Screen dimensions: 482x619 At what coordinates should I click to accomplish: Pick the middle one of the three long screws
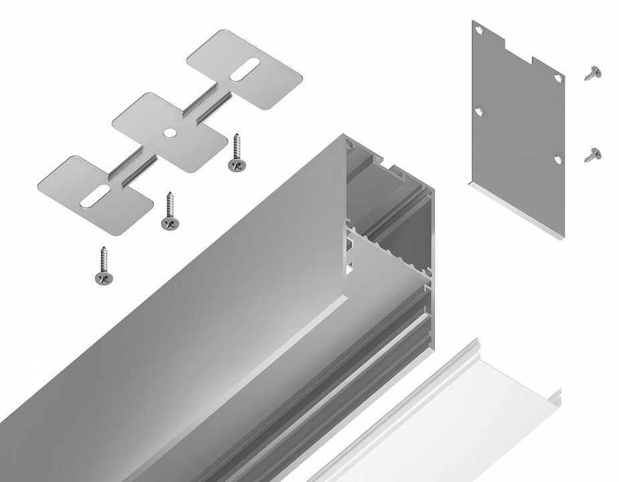click(x=167, y=214)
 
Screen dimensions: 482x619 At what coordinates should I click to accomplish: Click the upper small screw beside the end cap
click(x=592, y=74)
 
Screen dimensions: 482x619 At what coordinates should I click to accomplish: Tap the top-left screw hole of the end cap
click(x=479, y=31)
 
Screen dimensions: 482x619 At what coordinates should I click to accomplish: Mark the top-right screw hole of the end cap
click(x=557, y=78)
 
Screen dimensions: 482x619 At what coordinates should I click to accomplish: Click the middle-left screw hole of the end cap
click(x=479, y=111)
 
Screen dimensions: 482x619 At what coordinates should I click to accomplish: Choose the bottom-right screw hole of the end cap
click(x=557, y=159)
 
